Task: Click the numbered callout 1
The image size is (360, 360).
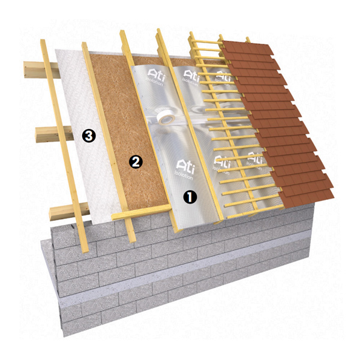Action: coord(190,197)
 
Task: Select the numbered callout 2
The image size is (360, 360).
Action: coord(136,162)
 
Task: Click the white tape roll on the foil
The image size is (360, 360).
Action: coord(166,117)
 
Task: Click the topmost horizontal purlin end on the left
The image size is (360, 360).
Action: coord(42,70)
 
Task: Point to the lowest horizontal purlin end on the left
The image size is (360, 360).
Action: coord(70,211)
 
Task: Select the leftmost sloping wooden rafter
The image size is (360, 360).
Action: coord(64,146)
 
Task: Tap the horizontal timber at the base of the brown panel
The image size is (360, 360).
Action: coord(142,212)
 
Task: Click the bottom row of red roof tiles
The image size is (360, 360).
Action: coord(307,197)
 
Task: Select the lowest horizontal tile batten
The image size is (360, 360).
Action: coord(255,212)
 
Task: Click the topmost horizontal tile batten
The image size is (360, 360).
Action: coord(206,42)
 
